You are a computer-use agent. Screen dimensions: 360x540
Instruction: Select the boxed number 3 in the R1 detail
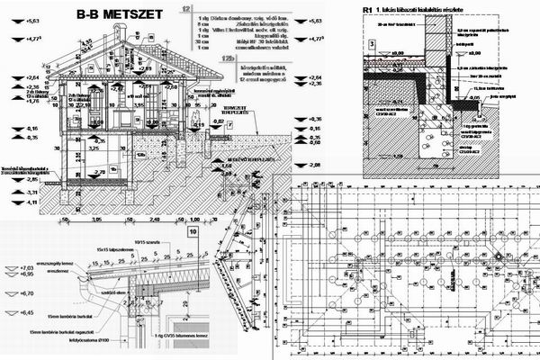coord(370,42)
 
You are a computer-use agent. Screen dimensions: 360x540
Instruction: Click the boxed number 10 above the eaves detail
coord(193,231)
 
